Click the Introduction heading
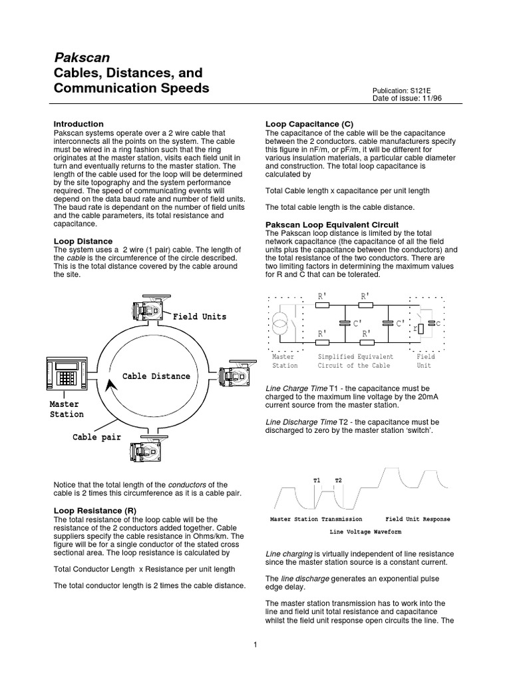click(x=79, y=124)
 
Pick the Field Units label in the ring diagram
click(x=200, y=316)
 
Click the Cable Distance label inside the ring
click(x=156, y=376)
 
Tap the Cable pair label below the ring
click(x=98, y=438)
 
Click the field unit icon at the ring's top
click(x=149, y=308)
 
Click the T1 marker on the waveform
click(x=317, y=480)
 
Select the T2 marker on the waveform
click(x=338, y=480)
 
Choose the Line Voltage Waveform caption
click(x=365, y=532)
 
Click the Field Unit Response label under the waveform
click(x=417, y=519)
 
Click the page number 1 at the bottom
click(x=255, y=644)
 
